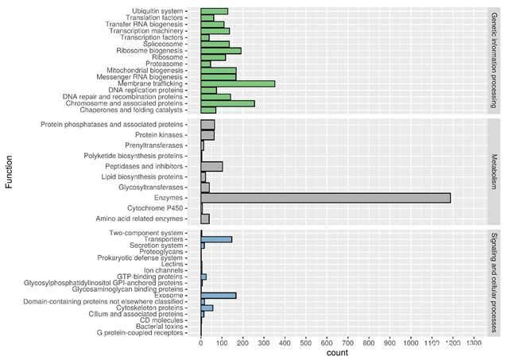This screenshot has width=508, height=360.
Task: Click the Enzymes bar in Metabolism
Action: tap(326, 197)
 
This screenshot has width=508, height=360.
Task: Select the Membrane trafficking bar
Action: tap(238, 83)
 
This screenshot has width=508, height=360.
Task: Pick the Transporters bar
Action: tap(216, 239)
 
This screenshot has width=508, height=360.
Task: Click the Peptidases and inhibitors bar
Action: tap(211, 166)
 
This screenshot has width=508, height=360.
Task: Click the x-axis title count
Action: tap(337, 353)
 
